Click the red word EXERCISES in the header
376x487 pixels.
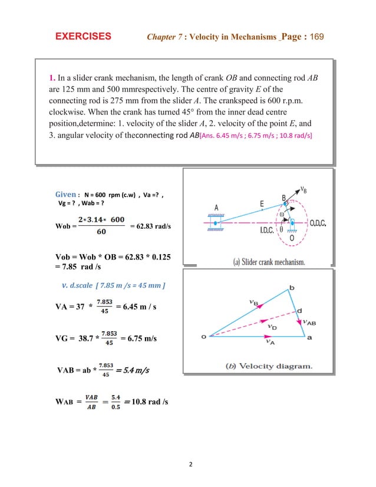[x=83, y=36]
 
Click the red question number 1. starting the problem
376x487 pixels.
[x=52, y=78]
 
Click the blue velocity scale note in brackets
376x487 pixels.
[x=113, y=286]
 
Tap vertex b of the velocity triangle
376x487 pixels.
[x=289, y=288]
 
